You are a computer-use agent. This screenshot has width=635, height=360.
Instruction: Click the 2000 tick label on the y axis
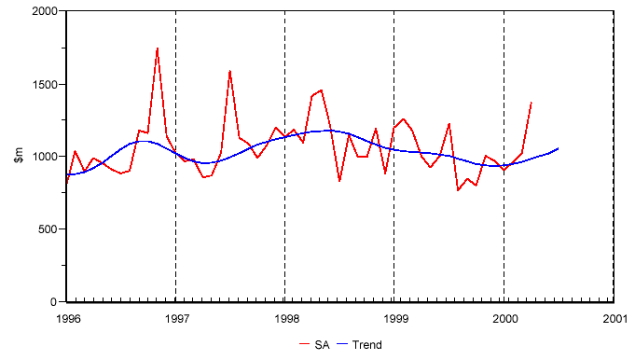pos(42,11)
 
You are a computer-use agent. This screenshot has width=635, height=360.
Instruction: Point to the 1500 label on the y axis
pos(42,84)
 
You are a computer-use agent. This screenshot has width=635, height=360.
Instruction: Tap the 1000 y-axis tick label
pos(42,157)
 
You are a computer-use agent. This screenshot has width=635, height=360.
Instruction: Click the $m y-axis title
pos(18,157)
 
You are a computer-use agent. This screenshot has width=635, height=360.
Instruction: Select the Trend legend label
pos(367,345)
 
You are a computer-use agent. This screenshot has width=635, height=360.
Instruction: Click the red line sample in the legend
pos(305,345)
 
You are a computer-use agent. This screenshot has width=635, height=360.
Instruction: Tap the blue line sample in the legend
pos(344,345)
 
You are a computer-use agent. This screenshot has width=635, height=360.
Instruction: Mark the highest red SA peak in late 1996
pos(157,48)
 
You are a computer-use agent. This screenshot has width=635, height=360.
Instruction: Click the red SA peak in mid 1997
pos(229,71)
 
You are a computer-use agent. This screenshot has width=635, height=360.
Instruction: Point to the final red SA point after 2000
pos(531,103)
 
